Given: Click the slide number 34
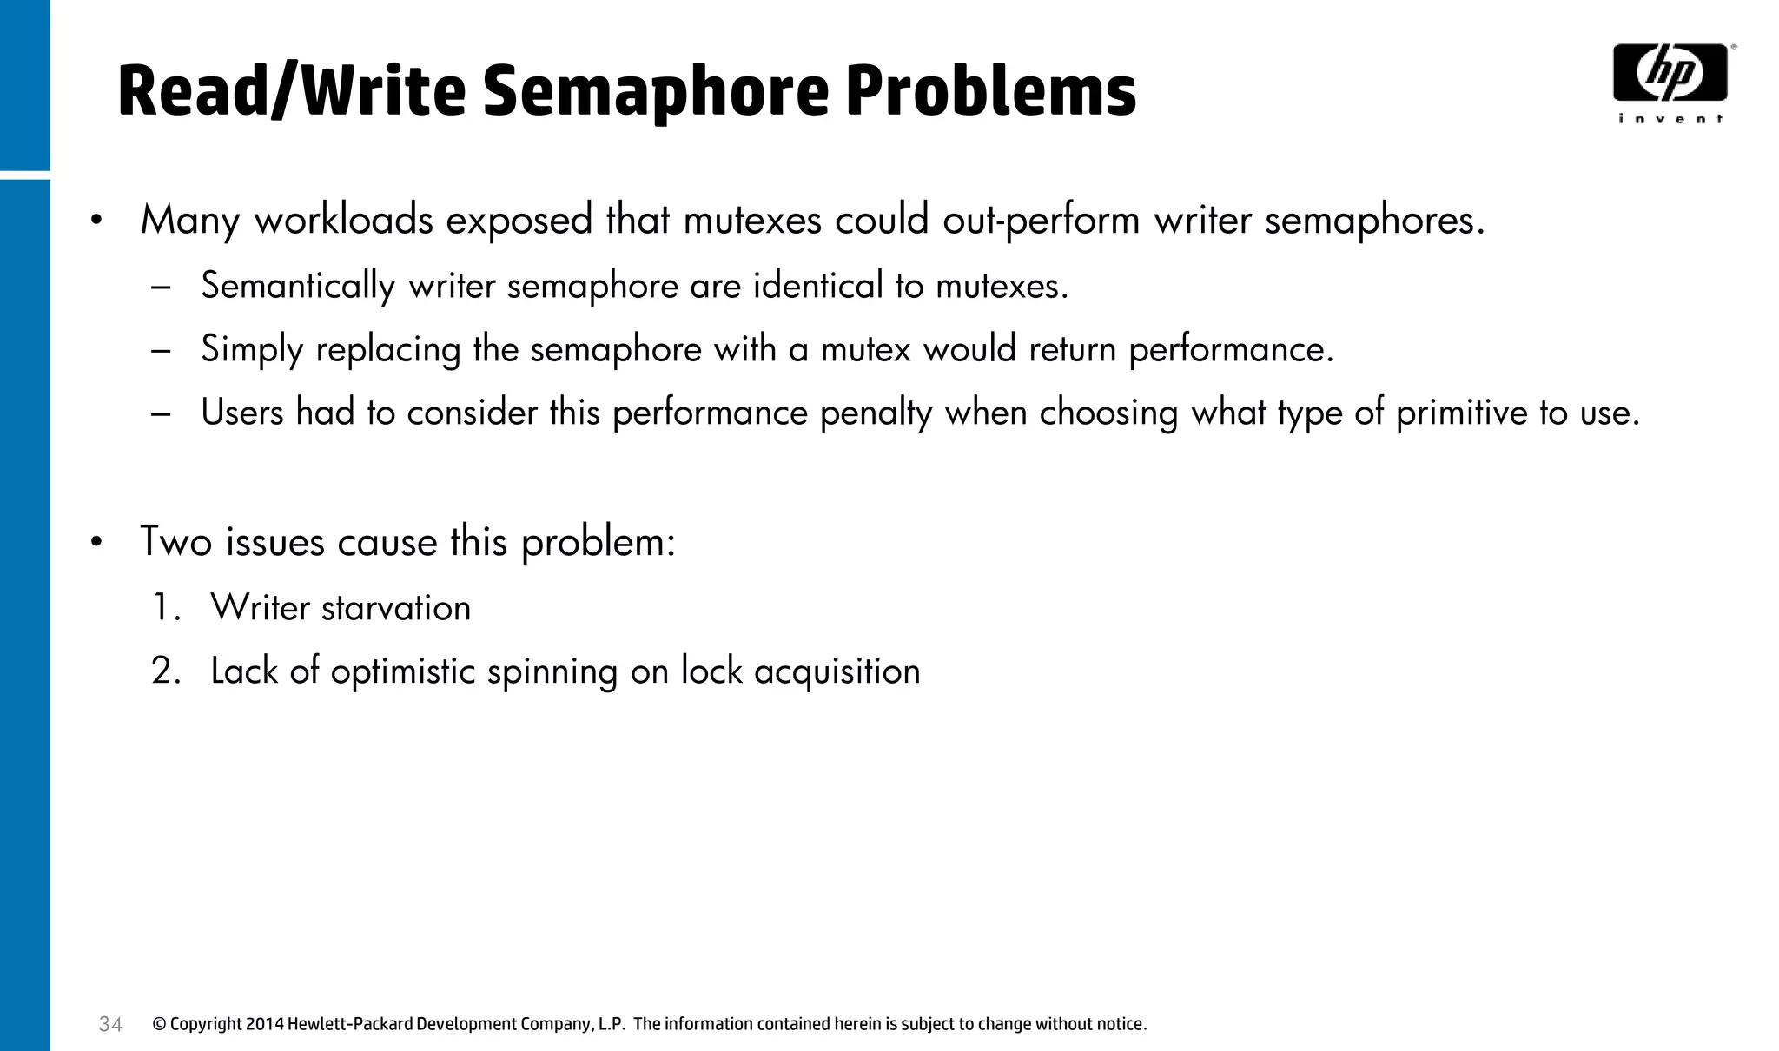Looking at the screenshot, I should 110,1025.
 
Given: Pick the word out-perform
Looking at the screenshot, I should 1042,220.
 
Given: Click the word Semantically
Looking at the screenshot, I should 298,286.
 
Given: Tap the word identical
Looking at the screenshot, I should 817,285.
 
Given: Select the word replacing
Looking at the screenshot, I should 388,349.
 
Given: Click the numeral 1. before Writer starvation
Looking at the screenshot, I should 165,607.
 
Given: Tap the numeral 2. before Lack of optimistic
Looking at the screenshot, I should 165,671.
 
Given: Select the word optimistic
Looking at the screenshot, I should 403,671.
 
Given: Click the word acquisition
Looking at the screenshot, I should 837,671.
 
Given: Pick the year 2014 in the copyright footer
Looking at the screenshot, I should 264,1024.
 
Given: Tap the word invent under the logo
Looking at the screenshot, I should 1670,119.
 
